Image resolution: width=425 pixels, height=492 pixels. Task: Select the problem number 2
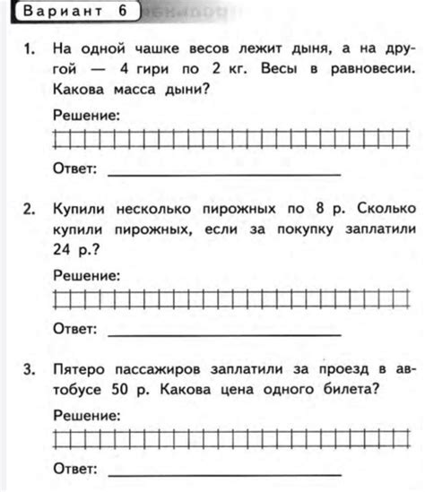(30, 210)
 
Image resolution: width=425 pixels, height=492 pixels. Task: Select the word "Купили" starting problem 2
(82, 210)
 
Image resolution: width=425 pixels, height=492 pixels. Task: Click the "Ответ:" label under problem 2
(74, 330)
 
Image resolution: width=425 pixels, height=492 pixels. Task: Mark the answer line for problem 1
(224, 173)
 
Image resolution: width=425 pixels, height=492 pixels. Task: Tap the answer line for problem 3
(224, 472)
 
